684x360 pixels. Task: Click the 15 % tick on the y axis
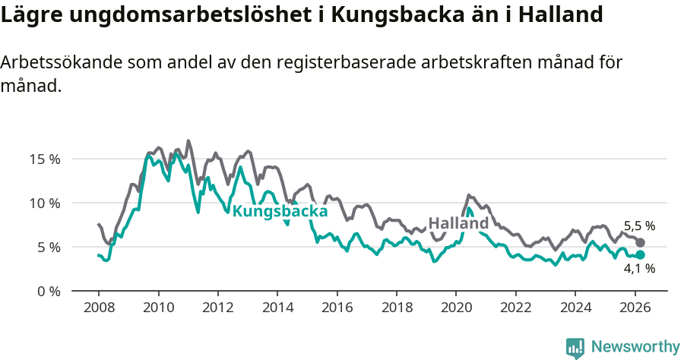click(45, 159)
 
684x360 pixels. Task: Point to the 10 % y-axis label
click(45, 203)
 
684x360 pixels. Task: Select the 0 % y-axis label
click(48, 291)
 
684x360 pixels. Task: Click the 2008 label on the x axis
click(99, 308)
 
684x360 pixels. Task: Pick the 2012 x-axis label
click(217, 308)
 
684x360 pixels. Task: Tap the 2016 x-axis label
click(337, 308)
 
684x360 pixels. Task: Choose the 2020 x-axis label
click(456, 308)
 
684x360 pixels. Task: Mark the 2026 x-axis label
click(635, 308)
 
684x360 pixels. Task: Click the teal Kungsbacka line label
click(280, 211)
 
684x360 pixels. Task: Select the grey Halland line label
click(458, 223)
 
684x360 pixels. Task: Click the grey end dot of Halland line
click(640, 242)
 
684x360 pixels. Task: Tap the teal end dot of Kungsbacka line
click(640, 255)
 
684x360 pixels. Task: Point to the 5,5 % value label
click(639, 226)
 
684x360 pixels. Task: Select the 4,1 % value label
click(639, 269)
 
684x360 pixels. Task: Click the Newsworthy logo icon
click(575, 347)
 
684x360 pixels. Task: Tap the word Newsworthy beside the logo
click(635, 347)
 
